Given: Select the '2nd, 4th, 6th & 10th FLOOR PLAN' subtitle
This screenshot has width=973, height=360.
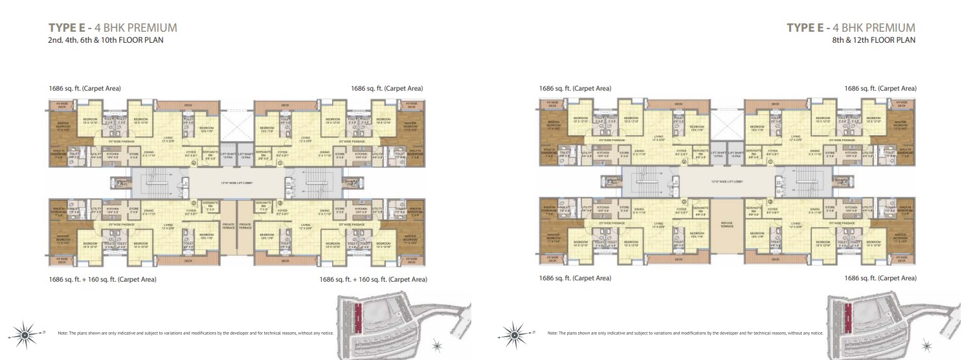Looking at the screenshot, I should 106,39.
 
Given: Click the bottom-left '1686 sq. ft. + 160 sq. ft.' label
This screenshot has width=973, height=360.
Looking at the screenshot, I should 102,280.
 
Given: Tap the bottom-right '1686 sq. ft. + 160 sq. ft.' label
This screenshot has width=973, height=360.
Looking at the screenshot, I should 374,280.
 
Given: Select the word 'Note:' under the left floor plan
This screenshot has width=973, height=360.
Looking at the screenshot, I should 63,333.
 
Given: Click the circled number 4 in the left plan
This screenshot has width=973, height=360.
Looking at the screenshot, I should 194,164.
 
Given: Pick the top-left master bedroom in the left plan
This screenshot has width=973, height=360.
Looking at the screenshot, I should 63,126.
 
